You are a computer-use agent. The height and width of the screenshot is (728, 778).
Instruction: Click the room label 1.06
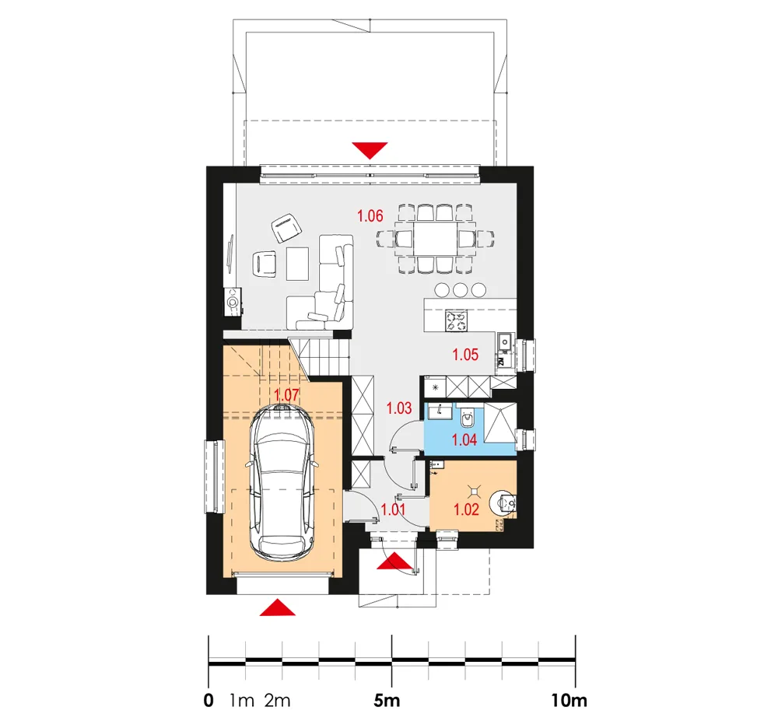click(x=370, y=215)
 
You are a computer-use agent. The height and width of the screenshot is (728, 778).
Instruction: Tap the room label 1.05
click(x=465, y=355)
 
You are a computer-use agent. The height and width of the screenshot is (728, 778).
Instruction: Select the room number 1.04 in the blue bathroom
click(x=464, y=439)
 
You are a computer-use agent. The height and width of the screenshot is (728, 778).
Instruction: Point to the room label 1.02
click(x=466, y=509)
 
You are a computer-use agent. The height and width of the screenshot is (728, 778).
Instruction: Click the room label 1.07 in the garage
click(x=287, y=395)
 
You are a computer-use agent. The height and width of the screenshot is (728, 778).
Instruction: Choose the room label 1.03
click(x=399, y=408)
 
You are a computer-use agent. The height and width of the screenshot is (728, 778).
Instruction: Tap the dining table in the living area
click(x=436, y=239)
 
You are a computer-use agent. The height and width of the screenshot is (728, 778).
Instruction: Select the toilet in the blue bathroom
click(x=468, y=418)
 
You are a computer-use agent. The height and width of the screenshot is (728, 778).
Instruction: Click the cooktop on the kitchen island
click(x=457, y=320)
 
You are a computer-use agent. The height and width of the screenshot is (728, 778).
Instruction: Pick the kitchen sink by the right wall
click(x=505, y=341)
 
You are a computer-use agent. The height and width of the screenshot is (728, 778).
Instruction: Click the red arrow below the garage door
click(x=278, y=607)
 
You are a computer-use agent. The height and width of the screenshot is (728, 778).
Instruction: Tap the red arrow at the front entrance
click(x=394, y=561)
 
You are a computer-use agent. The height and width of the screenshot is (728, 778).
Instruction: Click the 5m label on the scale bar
click(x=387, y=701)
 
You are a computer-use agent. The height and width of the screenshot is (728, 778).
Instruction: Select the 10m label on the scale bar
click(x=569, y=701)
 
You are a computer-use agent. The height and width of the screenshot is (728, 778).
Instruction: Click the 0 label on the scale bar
click(x=209, y=701)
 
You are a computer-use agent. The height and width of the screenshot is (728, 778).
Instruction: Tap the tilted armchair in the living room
click(x=287, y=228)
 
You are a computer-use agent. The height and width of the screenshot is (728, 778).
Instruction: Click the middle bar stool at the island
click(x=461, y=289)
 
